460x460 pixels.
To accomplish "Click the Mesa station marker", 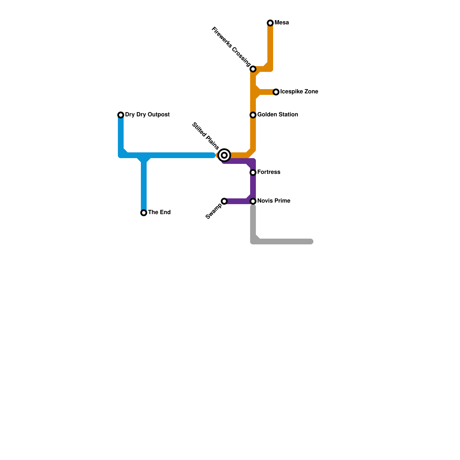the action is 270,23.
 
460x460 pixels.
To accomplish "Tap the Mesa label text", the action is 281,23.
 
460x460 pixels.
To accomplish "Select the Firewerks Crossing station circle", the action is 253,69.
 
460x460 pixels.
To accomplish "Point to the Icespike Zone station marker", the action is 276,92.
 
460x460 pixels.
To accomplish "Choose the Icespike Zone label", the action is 299,92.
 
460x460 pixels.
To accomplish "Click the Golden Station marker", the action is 253,115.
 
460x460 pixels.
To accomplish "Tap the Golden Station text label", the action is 277,115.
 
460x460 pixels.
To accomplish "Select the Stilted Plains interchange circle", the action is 224,155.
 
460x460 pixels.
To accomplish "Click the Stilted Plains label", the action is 205,136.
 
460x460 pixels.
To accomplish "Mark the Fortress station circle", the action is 253,172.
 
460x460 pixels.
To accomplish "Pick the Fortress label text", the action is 269,172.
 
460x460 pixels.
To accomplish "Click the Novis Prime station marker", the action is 253,201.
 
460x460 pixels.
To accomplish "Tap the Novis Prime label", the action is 274,201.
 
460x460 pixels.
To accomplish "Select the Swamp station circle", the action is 224,201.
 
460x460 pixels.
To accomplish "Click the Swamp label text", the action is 214,211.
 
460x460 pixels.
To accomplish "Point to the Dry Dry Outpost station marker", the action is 121,115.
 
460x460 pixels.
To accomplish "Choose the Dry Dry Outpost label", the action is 147,115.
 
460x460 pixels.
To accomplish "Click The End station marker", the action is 144,213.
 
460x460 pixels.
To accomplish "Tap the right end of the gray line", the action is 311,241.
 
